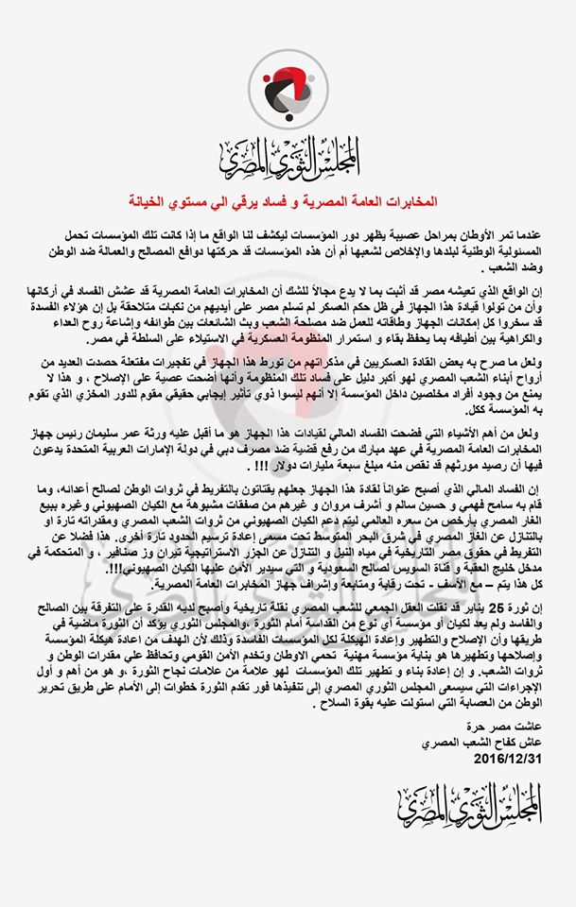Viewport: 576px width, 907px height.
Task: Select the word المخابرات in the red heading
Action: point(409,200)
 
